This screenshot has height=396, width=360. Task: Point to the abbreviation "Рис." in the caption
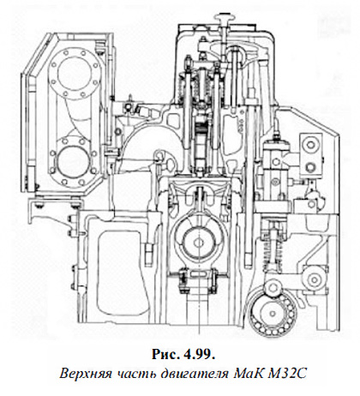pyautogui.click(x=165, y=355)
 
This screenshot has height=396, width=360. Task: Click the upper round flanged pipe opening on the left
pyautogui.click(x=75, y=74)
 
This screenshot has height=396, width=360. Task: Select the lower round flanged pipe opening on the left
pyautogui.click(x=74, y=161)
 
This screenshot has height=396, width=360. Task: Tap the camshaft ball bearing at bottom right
pyautogui.click(x=272, y=313)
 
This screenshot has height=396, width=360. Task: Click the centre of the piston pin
pyautogui.click(x=197, y=243)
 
